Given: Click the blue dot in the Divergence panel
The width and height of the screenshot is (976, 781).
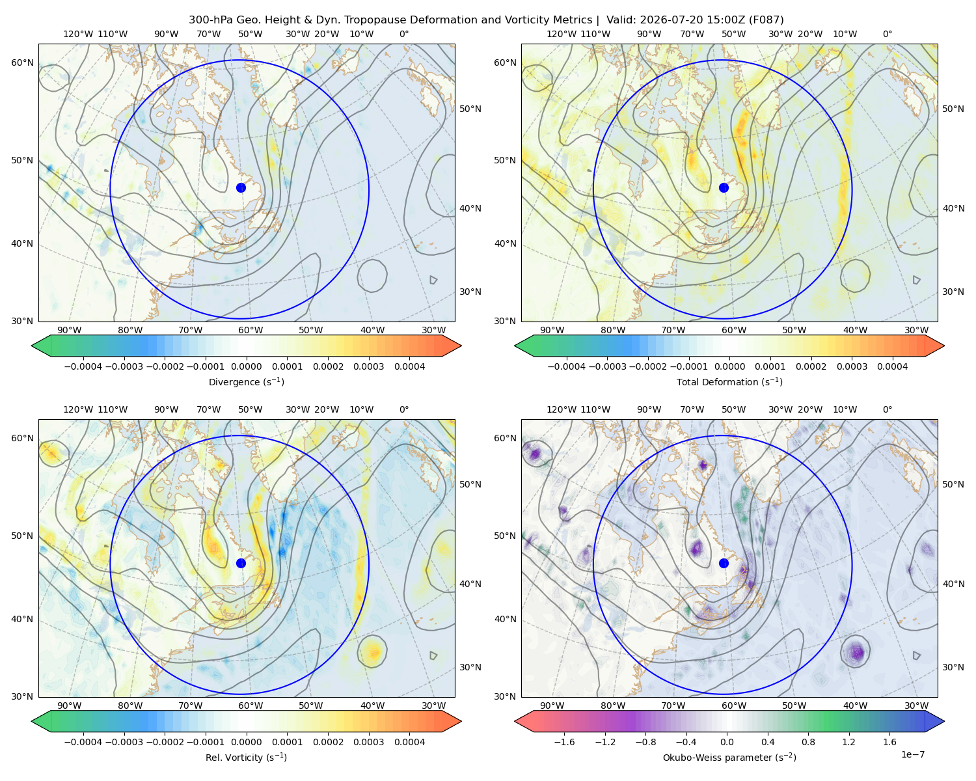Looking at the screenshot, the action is click(241, 187).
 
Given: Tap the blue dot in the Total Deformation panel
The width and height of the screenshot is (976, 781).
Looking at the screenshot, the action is click(724, 187).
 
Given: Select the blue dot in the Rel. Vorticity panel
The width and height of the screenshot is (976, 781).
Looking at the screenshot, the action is click(241, 563).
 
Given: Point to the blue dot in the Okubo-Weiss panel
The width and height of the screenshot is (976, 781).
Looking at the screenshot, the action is click(724, 563).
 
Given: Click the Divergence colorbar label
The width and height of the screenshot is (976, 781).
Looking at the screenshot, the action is click(246, 381).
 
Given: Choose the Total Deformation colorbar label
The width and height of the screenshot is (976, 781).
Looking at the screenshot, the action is click(729, 381).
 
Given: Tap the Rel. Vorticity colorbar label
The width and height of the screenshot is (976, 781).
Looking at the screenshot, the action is click(246, 757).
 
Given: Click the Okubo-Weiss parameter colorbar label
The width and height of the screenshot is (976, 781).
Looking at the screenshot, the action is click(729, 757).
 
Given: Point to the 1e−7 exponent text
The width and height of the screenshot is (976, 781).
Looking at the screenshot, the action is click(912, 754).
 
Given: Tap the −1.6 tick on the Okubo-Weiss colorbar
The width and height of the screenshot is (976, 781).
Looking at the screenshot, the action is click(564, 741).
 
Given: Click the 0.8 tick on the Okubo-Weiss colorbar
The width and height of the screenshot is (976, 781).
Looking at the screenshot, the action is click(808, 741).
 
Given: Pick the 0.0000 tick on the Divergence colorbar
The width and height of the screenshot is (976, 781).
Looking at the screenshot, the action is click(246, 366).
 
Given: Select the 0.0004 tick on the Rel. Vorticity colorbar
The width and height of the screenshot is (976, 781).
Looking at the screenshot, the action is click(409, 741).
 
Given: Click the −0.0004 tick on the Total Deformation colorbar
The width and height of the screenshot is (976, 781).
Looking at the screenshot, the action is click(567, 366).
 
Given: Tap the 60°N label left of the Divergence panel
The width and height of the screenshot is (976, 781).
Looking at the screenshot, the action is click(22, 62).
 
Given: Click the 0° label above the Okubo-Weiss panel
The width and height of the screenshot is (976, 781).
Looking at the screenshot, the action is click(887, 409).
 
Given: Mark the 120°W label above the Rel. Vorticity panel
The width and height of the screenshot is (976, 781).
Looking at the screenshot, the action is click(78, 409).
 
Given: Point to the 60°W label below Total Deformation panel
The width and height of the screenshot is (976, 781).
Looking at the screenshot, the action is click(733, 330).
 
